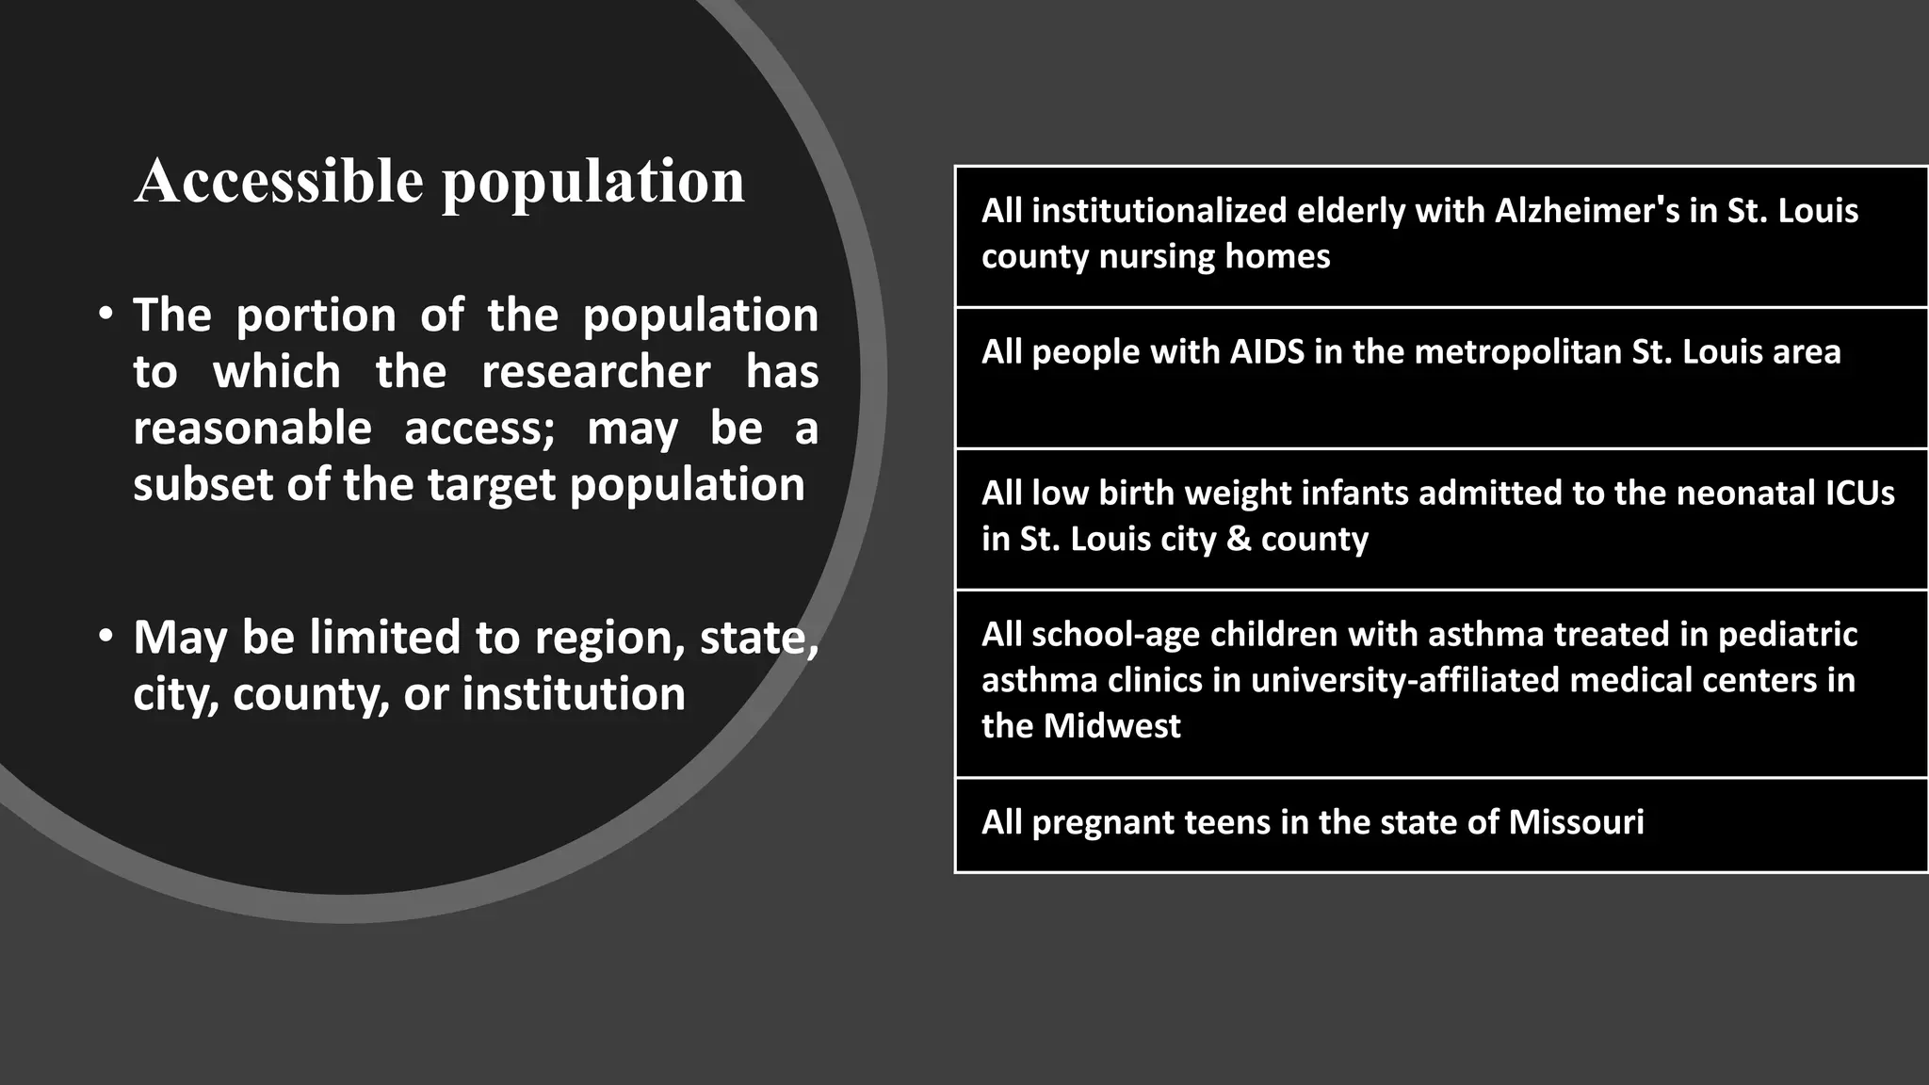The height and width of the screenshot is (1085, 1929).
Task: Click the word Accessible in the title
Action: (x=279, y=181)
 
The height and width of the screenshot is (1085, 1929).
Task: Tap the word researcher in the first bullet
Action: (x=595, y=372)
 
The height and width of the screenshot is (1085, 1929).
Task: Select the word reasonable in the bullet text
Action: (x=252, y=429)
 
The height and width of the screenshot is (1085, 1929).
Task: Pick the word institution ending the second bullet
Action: (x=574, y=695)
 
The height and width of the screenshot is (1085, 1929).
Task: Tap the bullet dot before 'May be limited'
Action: (x=106, y=636)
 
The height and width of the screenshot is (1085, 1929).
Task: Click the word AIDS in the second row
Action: (x=1267, y=352)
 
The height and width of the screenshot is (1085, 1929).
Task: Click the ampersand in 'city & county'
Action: (x=1240, y=539)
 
